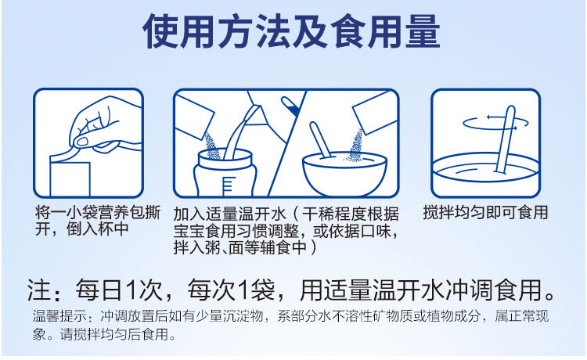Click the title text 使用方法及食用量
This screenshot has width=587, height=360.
292,33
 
